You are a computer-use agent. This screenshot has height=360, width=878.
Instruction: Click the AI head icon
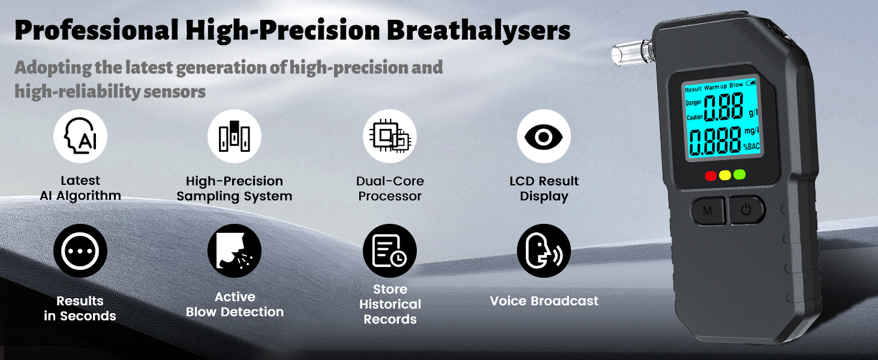[x=80, y=136]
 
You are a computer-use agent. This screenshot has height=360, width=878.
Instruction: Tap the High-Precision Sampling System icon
[x=234, y=136]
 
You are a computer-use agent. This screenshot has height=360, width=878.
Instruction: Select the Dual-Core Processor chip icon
[x=390, y=136]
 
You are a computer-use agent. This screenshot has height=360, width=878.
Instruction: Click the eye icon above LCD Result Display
[x=544, y=136]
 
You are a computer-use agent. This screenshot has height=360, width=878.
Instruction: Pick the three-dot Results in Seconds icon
[x=80, y=251]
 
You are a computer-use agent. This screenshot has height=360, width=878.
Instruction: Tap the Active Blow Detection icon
[x=234, y=251]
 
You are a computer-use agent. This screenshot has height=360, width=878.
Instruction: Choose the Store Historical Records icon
[x=390, y=251]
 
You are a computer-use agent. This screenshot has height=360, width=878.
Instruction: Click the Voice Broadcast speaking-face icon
[x=544, y=251]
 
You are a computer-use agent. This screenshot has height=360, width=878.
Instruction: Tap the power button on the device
[x=746, y=209]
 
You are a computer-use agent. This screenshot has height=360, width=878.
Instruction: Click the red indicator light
[x=711, y=176]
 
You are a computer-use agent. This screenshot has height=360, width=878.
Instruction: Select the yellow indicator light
[x=725, y=175]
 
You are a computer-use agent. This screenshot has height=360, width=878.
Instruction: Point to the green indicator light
[x=739, y=174]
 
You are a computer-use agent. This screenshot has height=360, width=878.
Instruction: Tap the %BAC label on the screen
[x=751, y=146]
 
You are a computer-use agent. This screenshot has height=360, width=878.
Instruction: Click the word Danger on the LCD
[x=693, y=103]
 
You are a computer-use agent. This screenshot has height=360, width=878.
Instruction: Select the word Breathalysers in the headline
[x=479, y=30]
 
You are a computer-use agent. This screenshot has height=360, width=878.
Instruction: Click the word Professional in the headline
[x=97, y=30]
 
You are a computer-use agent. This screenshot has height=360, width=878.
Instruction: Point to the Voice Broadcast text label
[x=544, y=301]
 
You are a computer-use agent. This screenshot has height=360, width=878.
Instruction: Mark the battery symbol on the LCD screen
[x=751, y=82]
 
